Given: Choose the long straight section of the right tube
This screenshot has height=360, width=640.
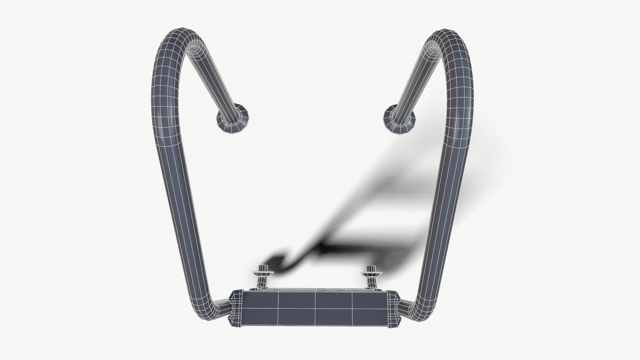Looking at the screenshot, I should point(445,207).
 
